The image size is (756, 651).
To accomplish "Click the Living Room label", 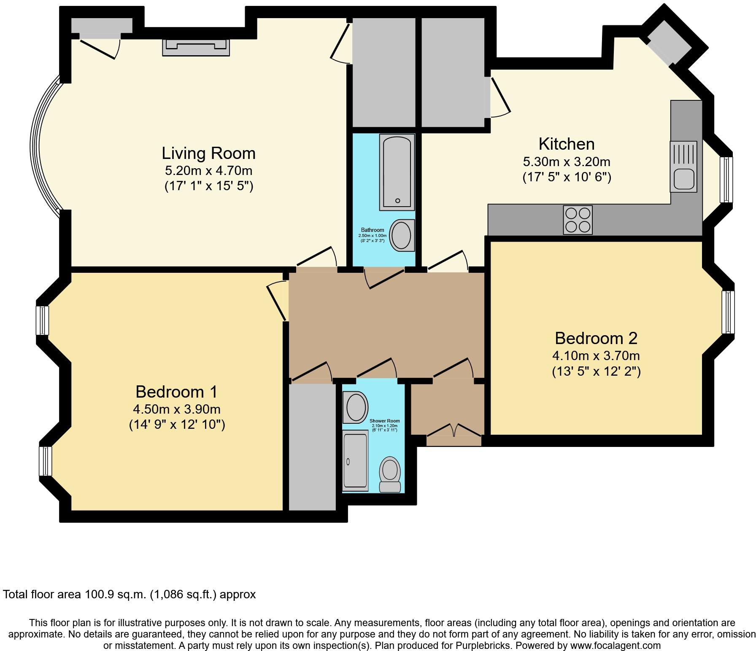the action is pos(209,153).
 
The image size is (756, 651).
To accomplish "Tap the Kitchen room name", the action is pos(567,144).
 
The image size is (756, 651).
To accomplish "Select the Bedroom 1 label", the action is pos(176,392).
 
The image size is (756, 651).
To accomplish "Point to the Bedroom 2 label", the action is pos(596,338).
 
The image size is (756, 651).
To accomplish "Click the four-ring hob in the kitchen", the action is pos(578,220).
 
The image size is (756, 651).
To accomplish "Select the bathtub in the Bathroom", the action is pos(397,172).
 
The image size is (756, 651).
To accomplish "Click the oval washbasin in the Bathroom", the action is pos(401,235).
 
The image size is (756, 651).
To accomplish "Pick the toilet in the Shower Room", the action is pos(390,475).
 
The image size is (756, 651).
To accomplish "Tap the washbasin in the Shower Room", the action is pos(355,407).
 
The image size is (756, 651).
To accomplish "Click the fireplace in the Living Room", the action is pos(196,47).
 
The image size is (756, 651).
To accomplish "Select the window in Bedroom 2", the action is pos(728,312).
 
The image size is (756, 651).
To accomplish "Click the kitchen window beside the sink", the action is pos(726,180).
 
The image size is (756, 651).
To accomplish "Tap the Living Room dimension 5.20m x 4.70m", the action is pos(209,171).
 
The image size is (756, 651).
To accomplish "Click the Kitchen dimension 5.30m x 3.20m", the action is pos(567,162).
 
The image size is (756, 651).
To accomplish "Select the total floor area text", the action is pos(130,595).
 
